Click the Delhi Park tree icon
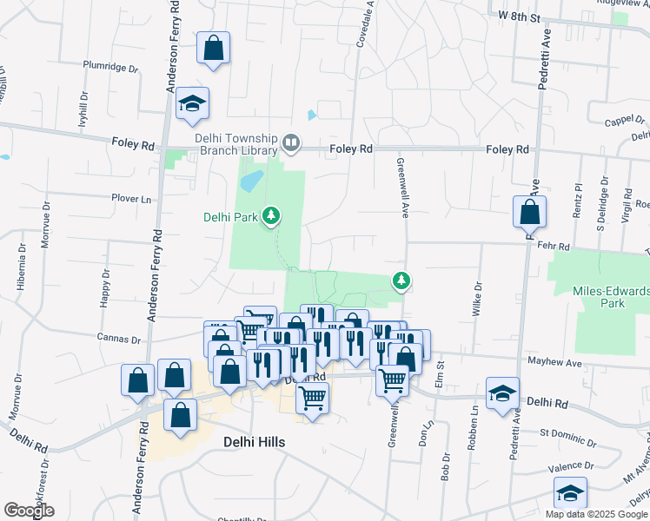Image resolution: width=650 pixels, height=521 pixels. point(272,214)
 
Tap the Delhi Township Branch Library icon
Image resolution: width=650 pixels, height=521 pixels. point(291,142)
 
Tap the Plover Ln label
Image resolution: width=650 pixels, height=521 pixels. point(131,199)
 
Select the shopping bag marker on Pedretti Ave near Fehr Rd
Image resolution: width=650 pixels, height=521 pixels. point(528,212)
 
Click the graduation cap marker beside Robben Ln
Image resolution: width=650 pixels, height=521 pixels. point(502,394)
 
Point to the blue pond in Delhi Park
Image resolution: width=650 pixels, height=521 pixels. point(251,181)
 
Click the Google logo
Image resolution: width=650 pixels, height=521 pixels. point(30,511)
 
